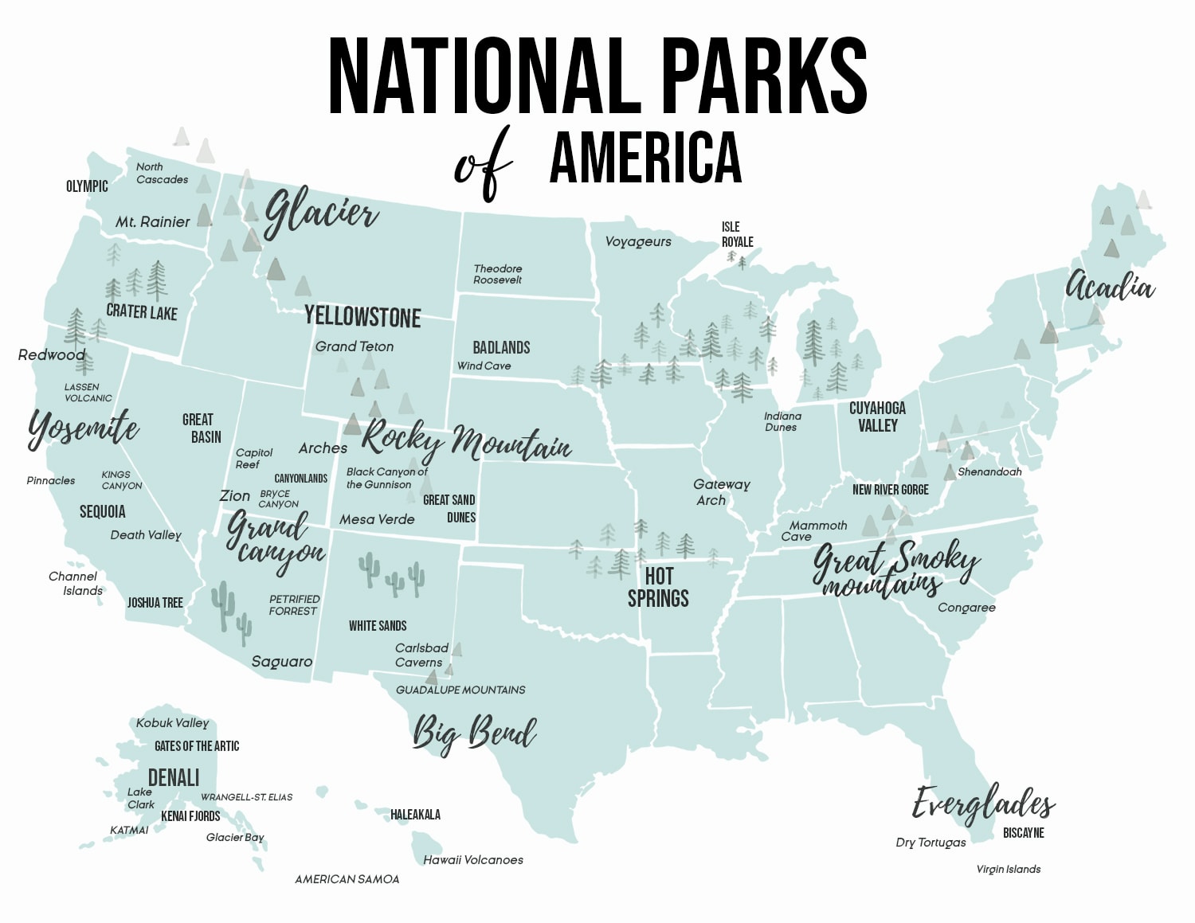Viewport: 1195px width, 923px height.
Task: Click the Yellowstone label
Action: pos(362,317)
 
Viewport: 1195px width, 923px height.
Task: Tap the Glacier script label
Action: pos(320,213)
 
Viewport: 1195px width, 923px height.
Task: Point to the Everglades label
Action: pos(983,804)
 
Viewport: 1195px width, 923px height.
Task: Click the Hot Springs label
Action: pos(658,587)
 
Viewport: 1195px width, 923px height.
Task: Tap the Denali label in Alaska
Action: pos(174,777)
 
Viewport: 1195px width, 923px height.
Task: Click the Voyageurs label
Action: pos(638,241)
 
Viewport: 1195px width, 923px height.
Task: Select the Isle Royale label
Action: pos(737,235)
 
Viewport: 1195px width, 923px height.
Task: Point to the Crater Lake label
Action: pos(142,312)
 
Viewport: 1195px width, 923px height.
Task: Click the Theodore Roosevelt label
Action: pos(498,274)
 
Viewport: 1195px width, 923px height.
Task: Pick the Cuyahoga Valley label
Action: pos(877,417)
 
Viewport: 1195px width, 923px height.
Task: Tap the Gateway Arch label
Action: pos(721,492)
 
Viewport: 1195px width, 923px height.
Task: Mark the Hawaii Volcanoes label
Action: pos(473,860)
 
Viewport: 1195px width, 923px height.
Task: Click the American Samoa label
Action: pos(347,879)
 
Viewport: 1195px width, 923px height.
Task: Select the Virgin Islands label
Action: pos(1009,869)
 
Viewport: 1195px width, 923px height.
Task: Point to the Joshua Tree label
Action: pos(155,603)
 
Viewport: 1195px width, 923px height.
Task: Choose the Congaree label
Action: pos(966,608)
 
